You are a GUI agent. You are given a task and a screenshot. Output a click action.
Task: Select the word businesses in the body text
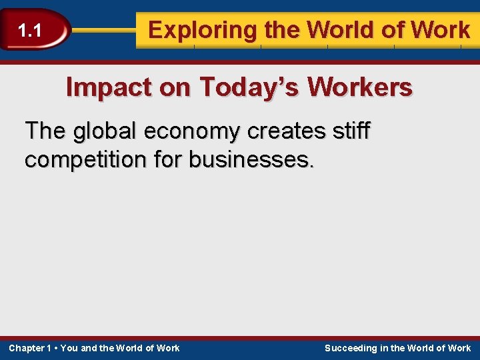250,160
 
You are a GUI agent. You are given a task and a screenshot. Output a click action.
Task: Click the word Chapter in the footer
26,348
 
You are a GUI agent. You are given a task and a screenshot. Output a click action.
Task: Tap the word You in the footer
69,348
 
